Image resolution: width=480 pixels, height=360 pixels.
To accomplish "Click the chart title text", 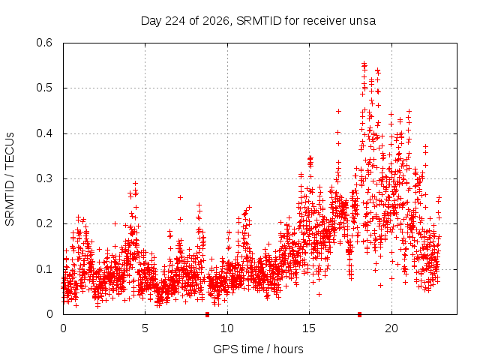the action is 258,21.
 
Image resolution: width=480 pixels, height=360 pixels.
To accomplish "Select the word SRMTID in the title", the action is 259,21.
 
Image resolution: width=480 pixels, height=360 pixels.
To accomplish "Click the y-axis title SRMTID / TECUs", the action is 10,179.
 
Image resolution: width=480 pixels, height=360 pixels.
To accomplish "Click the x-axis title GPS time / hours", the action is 258,349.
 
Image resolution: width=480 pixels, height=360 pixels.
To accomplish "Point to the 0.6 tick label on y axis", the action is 44,43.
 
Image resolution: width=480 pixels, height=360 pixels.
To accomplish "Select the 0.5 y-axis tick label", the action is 44,88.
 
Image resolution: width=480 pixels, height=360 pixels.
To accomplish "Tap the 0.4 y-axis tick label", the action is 44,133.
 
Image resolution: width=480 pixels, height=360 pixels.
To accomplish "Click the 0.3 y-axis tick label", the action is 44,178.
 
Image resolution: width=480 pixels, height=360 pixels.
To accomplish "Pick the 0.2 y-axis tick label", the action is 44,223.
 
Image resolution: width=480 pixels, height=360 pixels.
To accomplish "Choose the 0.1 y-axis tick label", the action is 44,269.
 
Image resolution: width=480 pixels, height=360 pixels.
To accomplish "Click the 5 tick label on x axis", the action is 145,328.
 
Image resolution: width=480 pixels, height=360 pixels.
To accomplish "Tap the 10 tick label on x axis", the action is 227,328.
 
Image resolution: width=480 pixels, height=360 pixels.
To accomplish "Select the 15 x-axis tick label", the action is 309,328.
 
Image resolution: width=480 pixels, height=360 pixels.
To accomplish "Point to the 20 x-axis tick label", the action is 391,328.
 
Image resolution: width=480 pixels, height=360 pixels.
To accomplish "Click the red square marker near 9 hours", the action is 207,314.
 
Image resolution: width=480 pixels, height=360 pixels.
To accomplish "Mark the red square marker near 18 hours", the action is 360,314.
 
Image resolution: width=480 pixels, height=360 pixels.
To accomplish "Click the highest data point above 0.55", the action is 364,63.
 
